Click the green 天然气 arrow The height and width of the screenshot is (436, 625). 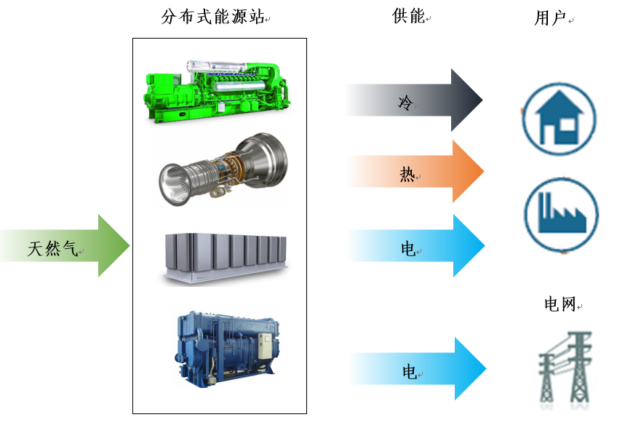coord(65,246)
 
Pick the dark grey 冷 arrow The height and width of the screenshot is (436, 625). coord(414,100)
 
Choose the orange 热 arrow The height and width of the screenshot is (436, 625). coord(415,172)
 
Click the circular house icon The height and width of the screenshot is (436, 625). coord(559,118)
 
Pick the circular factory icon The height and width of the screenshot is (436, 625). coord(561,215)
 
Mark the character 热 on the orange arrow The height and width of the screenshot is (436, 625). coord(407,174)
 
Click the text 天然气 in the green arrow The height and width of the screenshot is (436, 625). coord(52,249)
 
